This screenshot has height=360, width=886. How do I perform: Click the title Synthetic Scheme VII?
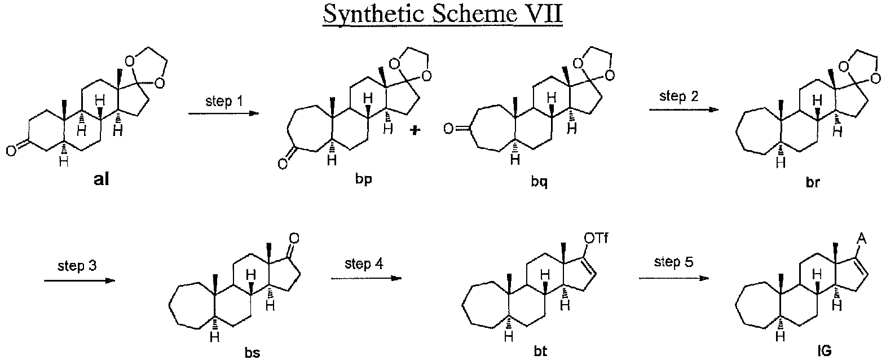[443, 15]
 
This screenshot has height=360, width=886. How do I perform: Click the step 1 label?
[223, 102]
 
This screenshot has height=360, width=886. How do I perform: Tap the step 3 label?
[76, 265]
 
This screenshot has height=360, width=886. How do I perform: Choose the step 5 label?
[673, 262]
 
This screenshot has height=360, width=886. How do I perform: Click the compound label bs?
[252, 352]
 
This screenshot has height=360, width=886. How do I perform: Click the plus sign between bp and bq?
[415, 131]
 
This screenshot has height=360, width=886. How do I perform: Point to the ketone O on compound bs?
[293, 238]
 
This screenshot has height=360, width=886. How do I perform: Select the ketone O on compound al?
[12, 151]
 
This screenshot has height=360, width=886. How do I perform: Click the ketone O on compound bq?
[448, 131]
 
